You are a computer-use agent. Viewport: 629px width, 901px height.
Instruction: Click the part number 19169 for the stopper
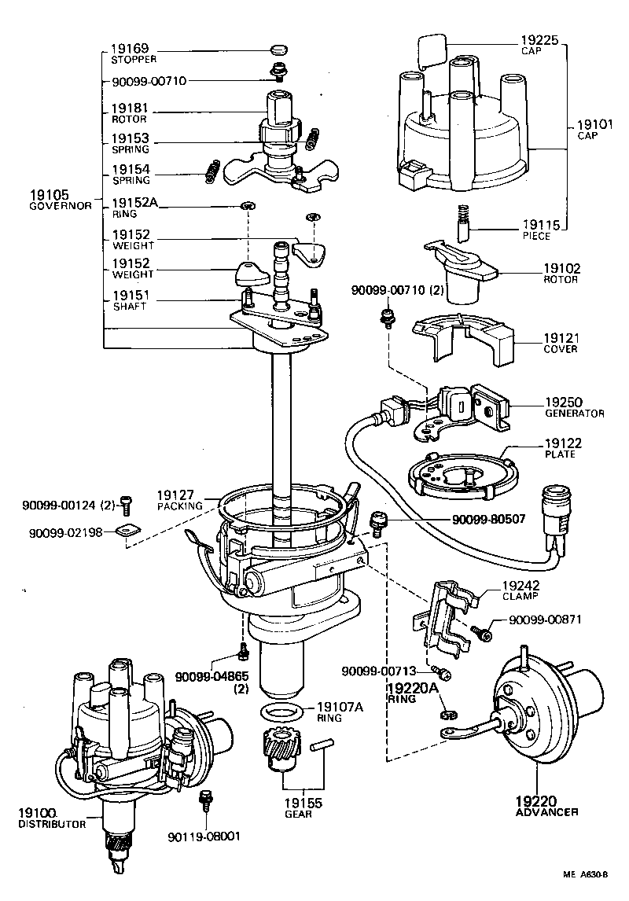pyautogui.click(x=125, y=49)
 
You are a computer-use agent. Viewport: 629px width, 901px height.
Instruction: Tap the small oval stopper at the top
pyautogui.click(x=276, y=50)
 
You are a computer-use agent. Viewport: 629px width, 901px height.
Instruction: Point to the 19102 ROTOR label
pyautogui.click(x=561, y=273)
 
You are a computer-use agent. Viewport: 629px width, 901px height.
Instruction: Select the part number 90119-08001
pyautogui.click(x=204, y=837)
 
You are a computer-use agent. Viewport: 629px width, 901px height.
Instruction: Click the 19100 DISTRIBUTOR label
pyautogui.click(x=51, y=818)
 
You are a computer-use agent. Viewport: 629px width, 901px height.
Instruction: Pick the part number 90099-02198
pyautogui.click(x=66, y=532)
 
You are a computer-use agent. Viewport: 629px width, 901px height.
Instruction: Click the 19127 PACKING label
pyautogui.click(x=179, y=500)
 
